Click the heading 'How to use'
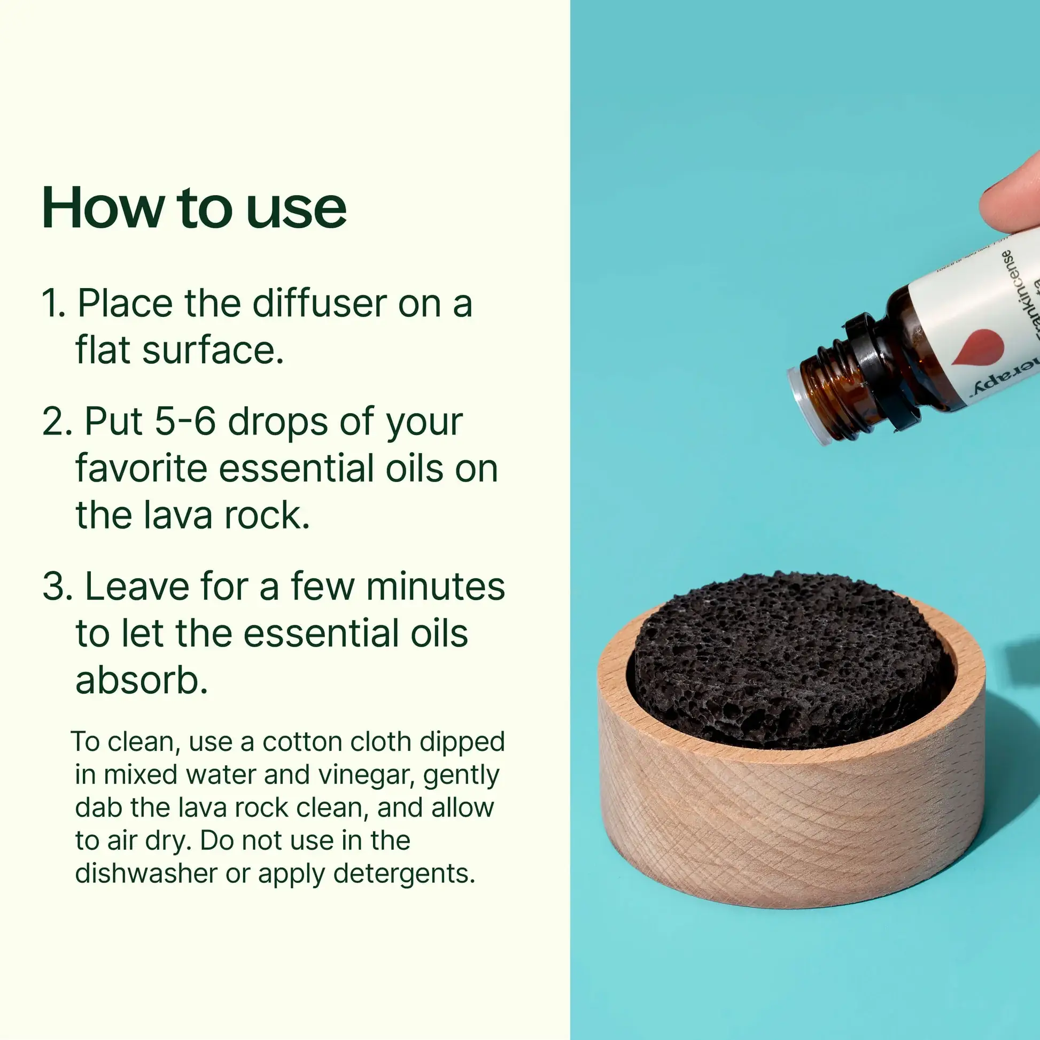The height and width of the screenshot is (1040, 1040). pyautogui.click(x=194, y=208)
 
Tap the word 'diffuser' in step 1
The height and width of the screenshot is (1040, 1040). pyautogui.click(x=320, y=304)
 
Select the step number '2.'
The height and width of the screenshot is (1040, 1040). pyautogui.click(x=56, y=422)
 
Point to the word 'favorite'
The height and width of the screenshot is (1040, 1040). pyautogui.click(x=141, y=468)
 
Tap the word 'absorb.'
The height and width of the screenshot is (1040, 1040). pyautogui.click(x=141, y=680)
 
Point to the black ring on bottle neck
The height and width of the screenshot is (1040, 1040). pyautogui.click(x=883, y=371)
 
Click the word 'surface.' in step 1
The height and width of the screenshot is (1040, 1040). pyautogui.click(x=213, y=351)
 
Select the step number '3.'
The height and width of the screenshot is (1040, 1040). pyautogui.click(x=56, y=586)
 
